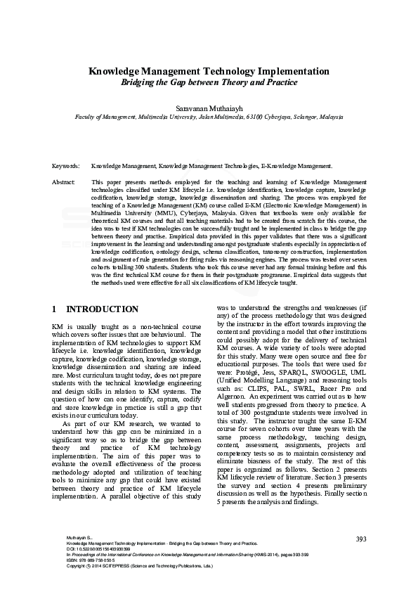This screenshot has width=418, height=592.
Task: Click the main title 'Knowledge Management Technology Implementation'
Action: tap(209, 72)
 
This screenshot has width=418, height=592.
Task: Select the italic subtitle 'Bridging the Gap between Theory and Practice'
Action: tap(209, 83)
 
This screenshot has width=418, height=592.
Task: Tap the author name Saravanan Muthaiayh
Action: tap(209, 110)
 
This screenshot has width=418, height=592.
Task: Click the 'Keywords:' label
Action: tap(65, 166)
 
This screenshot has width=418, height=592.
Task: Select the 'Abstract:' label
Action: tap(64, 181)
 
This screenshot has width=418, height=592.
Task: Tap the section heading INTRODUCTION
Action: tap(102, 309)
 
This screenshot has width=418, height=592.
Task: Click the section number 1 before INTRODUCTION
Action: tap(55, 309)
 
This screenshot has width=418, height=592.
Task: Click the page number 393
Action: tap(361, 539)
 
